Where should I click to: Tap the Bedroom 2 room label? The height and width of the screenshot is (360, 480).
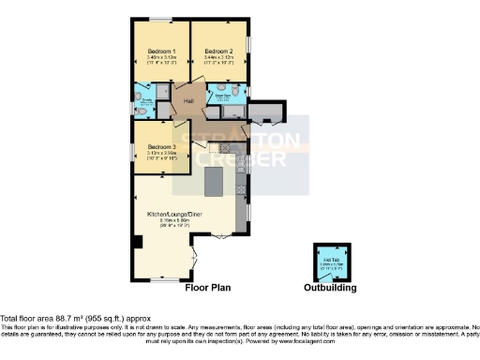coord(218,51)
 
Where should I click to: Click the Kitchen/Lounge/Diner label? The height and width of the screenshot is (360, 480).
coord(170,215)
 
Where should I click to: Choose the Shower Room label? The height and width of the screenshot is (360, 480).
coord(223,95)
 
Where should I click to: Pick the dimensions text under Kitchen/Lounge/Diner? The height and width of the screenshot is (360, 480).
coord(170,223)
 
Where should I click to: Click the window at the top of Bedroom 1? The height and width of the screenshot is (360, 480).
coord(158,20)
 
